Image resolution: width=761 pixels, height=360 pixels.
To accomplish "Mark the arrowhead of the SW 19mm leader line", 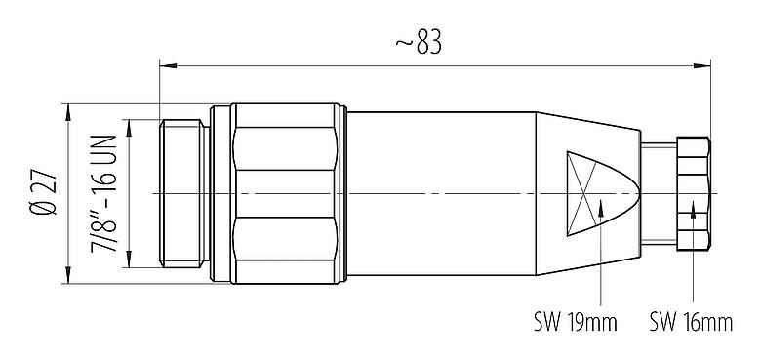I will point(603,206).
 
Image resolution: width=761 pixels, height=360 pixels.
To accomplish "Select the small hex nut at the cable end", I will point(691,193).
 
